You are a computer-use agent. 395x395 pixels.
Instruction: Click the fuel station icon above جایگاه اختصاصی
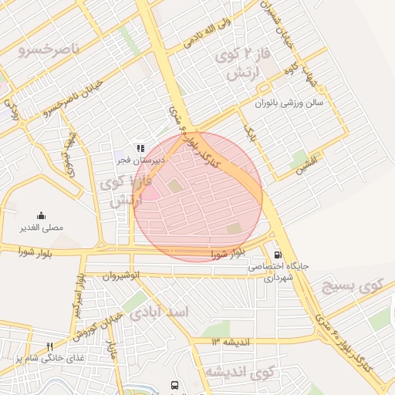277,255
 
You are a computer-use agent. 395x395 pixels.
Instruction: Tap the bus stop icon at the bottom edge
175,384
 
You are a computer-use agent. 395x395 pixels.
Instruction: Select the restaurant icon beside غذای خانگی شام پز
50,346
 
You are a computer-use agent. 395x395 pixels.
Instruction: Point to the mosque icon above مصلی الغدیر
40,216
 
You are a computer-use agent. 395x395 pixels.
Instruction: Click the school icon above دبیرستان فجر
140,147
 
